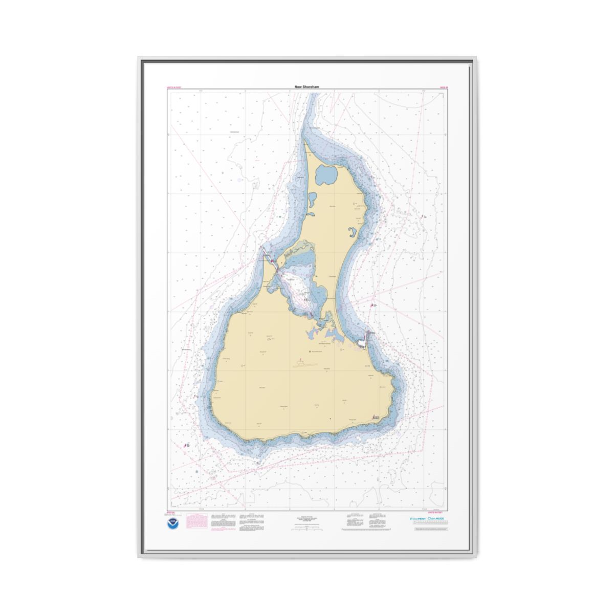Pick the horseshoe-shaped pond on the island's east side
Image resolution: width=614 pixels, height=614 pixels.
pos(353,235)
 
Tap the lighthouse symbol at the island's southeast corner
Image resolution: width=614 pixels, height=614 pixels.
pos(377,418)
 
